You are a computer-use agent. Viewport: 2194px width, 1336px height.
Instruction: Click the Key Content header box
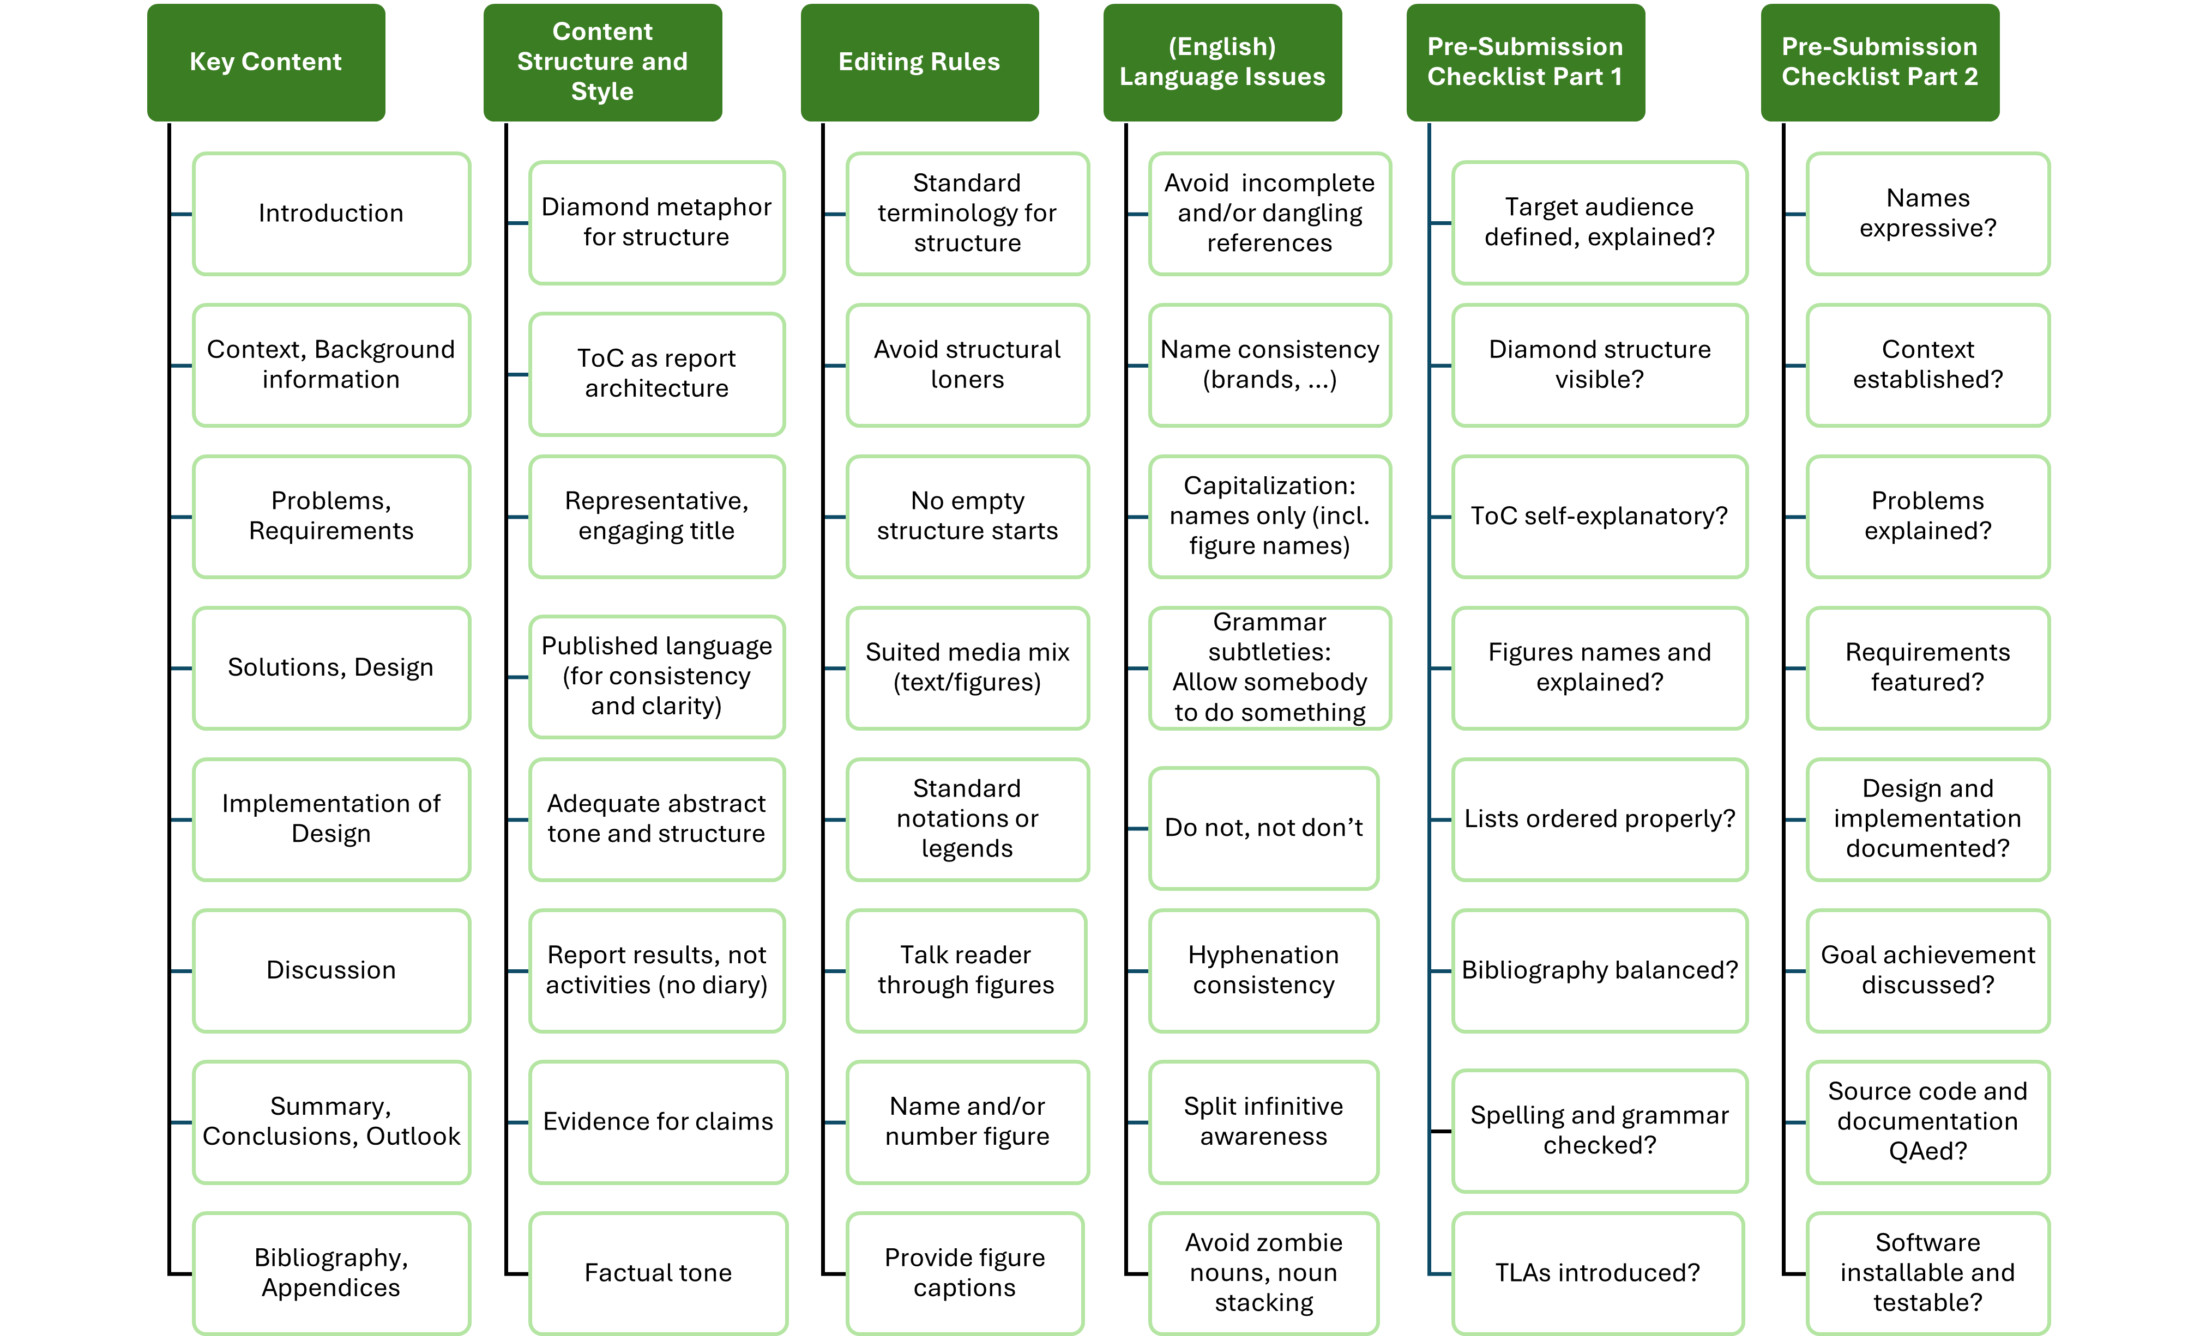[x=266, y=62]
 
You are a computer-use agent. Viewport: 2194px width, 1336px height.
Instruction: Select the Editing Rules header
[x=919, y=62]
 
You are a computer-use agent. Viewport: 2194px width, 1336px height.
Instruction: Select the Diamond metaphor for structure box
[x=656, y=222]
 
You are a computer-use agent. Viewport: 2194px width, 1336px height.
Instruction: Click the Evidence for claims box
[x=658, y=1121]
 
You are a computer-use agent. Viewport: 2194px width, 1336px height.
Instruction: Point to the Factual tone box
[x=658, y=1273]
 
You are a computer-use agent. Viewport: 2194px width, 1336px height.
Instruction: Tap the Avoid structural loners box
[x=967, y=365]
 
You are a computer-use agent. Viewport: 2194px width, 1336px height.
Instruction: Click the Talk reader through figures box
[x=966, y=970]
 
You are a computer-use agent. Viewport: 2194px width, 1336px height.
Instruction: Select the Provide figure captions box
[x=965, y=1273]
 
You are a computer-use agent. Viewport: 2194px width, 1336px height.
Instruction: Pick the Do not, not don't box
[x=1263, y=828]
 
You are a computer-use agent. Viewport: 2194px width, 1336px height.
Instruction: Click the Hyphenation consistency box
[x=1263, y=970]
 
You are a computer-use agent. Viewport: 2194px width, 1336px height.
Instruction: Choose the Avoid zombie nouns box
[x=1263, y=1273]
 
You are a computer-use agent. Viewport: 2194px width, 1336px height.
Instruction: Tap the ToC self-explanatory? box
[x=1599, y=516]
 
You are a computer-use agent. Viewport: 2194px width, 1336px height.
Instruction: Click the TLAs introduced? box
[x=1598, y=1273]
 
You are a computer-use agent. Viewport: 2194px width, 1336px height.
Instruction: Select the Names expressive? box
[x=1928, y=214]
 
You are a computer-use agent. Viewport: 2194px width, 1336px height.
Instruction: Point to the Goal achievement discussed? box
[x=1928, y=970]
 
